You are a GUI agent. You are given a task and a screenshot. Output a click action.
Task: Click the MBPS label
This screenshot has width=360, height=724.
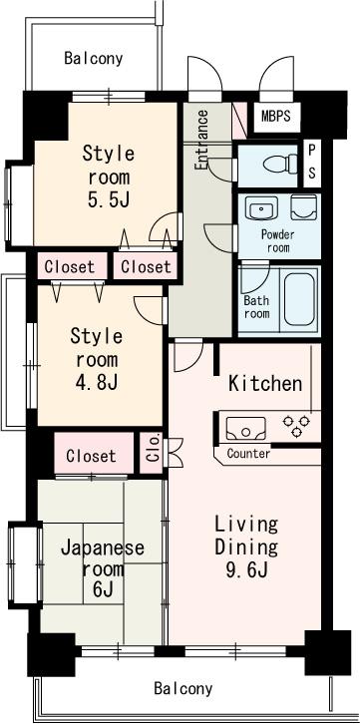click(x=277, y=115)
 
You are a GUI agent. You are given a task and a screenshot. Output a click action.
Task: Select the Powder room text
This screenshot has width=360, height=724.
click(x=276, y=240)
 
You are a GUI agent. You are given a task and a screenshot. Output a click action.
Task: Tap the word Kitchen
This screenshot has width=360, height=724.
click(x=264, y=383)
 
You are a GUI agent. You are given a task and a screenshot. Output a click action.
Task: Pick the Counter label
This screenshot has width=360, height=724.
click(x=248, y=454)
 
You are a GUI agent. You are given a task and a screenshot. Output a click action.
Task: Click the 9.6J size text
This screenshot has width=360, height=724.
click(x=245, y=571)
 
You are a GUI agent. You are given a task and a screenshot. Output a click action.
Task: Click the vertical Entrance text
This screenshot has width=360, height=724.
click(x=202, y=139)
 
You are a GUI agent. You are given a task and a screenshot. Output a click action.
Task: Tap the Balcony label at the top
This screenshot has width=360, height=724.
click(x=94, y=58)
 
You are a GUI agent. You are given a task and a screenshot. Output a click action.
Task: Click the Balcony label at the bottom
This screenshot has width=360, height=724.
click(x=183, y=689)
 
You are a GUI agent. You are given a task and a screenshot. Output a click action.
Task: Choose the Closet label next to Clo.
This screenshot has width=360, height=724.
click(x=92, y=456)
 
